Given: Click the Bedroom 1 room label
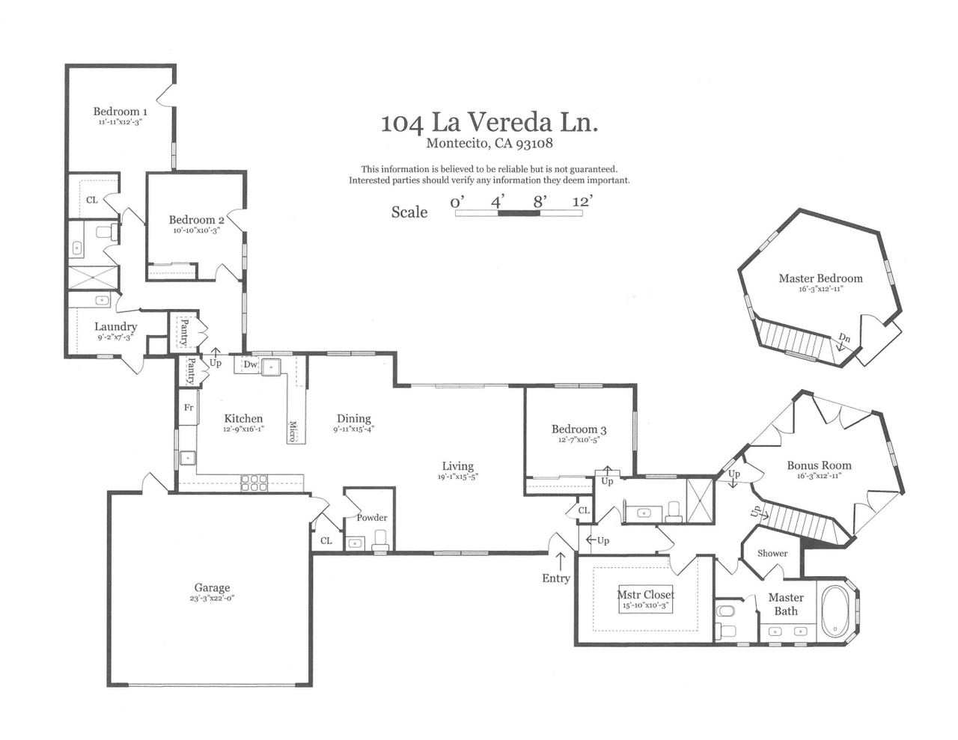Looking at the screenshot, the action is (x=120, y=111).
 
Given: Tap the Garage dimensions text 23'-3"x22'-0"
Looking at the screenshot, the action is (x=212, y=598).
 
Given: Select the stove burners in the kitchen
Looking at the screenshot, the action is (x=254, y=483).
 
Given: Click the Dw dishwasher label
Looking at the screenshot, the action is (x=251, y=364).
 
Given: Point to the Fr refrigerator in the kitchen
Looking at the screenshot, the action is (x=189, y=408).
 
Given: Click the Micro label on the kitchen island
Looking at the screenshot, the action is (x=293, y=431).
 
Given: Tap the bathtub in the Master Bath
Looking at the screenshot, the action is (x=835, y=611).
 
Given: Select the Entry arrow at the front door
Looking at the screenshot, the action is (x=560, y=562).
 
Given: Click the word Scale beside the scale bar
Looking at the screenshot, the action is (x=409, y=212).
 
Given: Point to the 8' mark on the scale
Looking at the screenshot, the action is (x=540, y=202).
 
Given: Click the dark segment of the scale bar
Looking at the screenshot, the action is (x=519, y=213).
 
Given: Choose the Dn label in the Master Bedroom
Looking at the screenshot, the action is (x=843, y=338).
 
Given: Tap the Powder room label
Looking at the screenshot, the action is (x=372, y=518).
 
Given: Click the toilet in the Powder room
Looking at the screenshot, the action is (x=380, y=540).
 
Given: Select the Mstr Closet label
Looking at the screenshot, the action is (x=645, y=595).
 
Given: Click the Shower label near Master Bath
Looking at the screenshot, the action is (x=772, y=553).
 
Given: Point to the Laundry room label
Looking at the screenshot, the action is (x=115, y=326).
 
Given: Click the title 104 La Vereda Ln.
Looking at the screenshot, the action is (x=489, y=122).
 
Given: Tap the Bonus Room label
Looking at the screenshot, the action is (x=819, y=465).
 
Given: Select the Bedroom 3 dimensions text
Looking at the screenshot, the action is (x=579, y=439).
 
